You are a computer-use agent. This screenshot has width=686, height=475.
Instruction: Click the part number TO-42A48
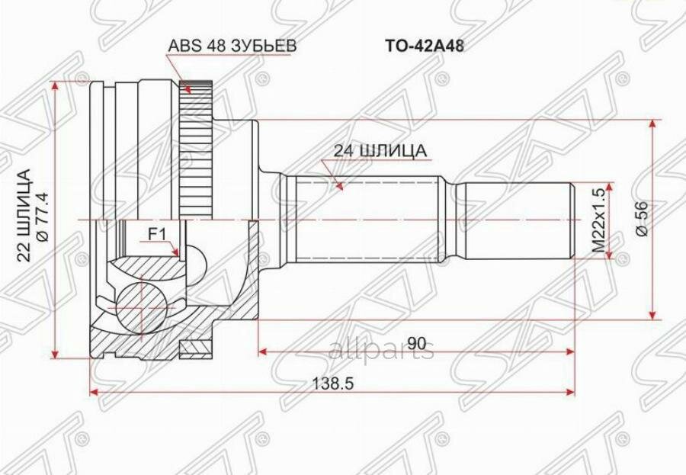(x=424, y=46)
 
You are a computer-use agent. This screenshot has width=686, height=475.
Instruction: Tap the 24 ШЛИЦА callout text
(x=380, y=151)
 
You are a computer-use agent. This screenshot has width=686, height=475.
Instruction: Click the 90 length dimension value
(x=415, y=344)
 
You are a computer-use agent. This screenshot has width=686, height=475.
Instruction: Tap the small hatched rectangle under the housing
(x=194, y=348)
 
